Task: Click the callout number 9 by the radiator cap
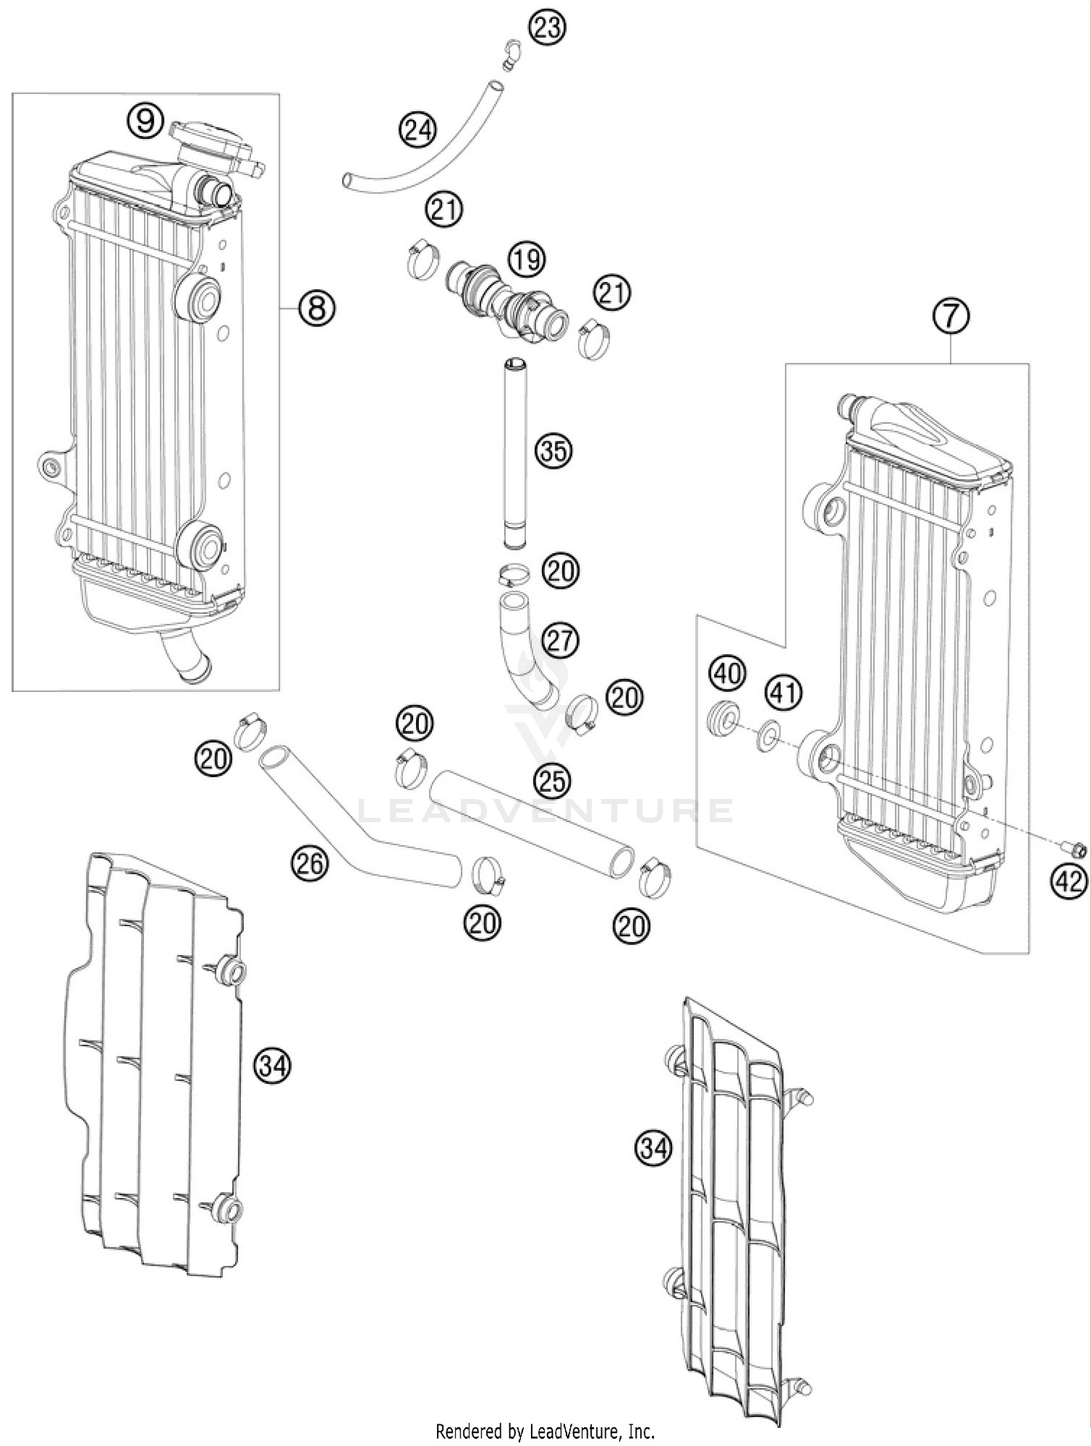coord(146,121)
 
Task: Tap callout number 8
coord(316,308)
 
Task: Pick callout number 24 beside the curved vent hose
coord(417,131)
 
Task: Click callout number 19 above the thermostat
coord(526,258)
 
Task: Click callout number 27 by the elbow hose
coord(560,640)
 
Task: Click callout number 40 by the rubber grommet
coord(728,673)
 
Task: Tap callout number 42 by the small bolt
coord(1068,882)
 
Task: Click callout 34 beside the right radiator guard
coord(653,1148)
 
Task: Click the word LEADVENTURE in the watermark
coord(545,809)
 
